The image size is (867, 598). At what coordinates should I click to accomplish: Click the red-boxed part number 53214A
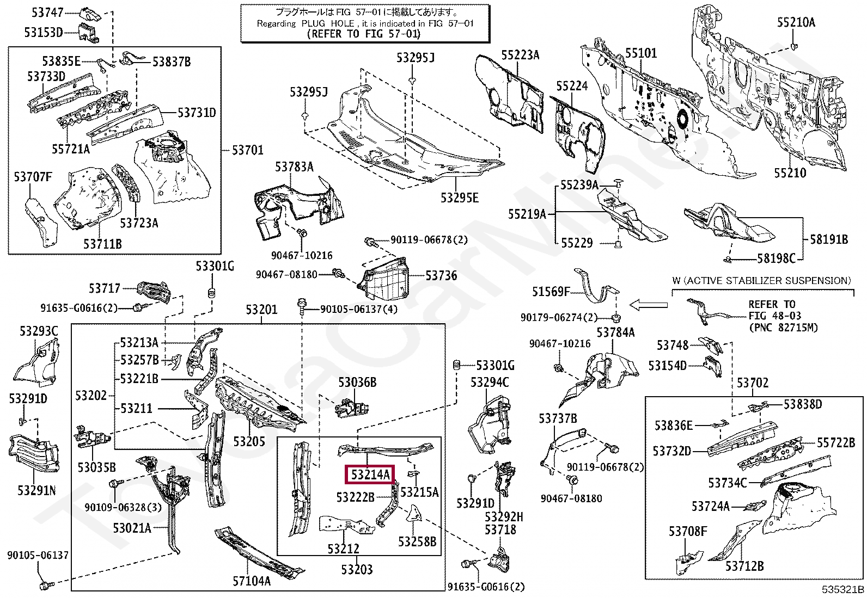click(x=370, y=474)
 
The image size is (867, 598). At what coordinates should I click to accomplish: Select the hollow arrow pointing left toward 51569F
click(x=648, y=305)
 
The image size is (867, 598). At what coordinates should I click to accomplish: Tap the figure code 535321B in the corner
click(x=843, y=589)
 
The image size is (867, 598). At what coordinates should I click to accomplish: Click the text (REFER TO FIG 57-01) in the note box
click(x=363, y=34)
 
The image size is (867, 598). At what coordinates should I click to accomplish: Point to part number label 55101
click(x=641, y=53)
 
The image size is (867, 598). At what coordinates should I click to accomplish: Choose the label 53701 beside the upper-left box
click(x=247, y=150)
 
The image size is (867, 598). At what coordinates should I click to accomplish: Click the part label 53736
click(x=441, y=276)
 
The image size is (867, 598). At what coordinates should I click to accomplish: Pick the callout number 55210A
click(x=796, y=23)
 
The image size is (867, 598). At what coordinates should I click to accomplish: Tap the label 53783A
click(x=294, y=167)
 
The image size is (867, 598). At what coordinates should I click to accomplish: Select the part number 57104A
click(x=252, y=581)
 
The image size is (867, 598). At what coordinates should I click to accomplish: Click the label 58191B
click(x=829, y=240)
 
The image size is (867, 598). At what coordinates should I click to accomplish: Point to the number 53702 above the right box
click(x=753, y=383)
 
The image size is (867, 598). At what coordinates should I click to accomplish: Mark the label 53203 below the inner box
click(x=357, y=569)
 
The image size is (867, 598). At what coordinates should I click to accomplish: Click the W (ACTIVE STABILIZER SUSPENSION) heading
click(x=762, y=280)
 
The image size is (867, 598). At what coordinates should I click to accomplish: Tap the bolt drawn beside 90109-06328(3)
click(x=116, y=483)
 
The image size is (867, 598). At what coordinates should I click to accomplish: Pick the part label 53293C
click(x=39, y=331)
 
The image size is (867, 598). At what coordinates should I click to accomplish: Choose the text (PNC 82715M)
click(x=783, y=328)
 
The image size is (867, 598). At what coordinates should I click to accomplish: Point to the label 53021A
click(x=132, y=528)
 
